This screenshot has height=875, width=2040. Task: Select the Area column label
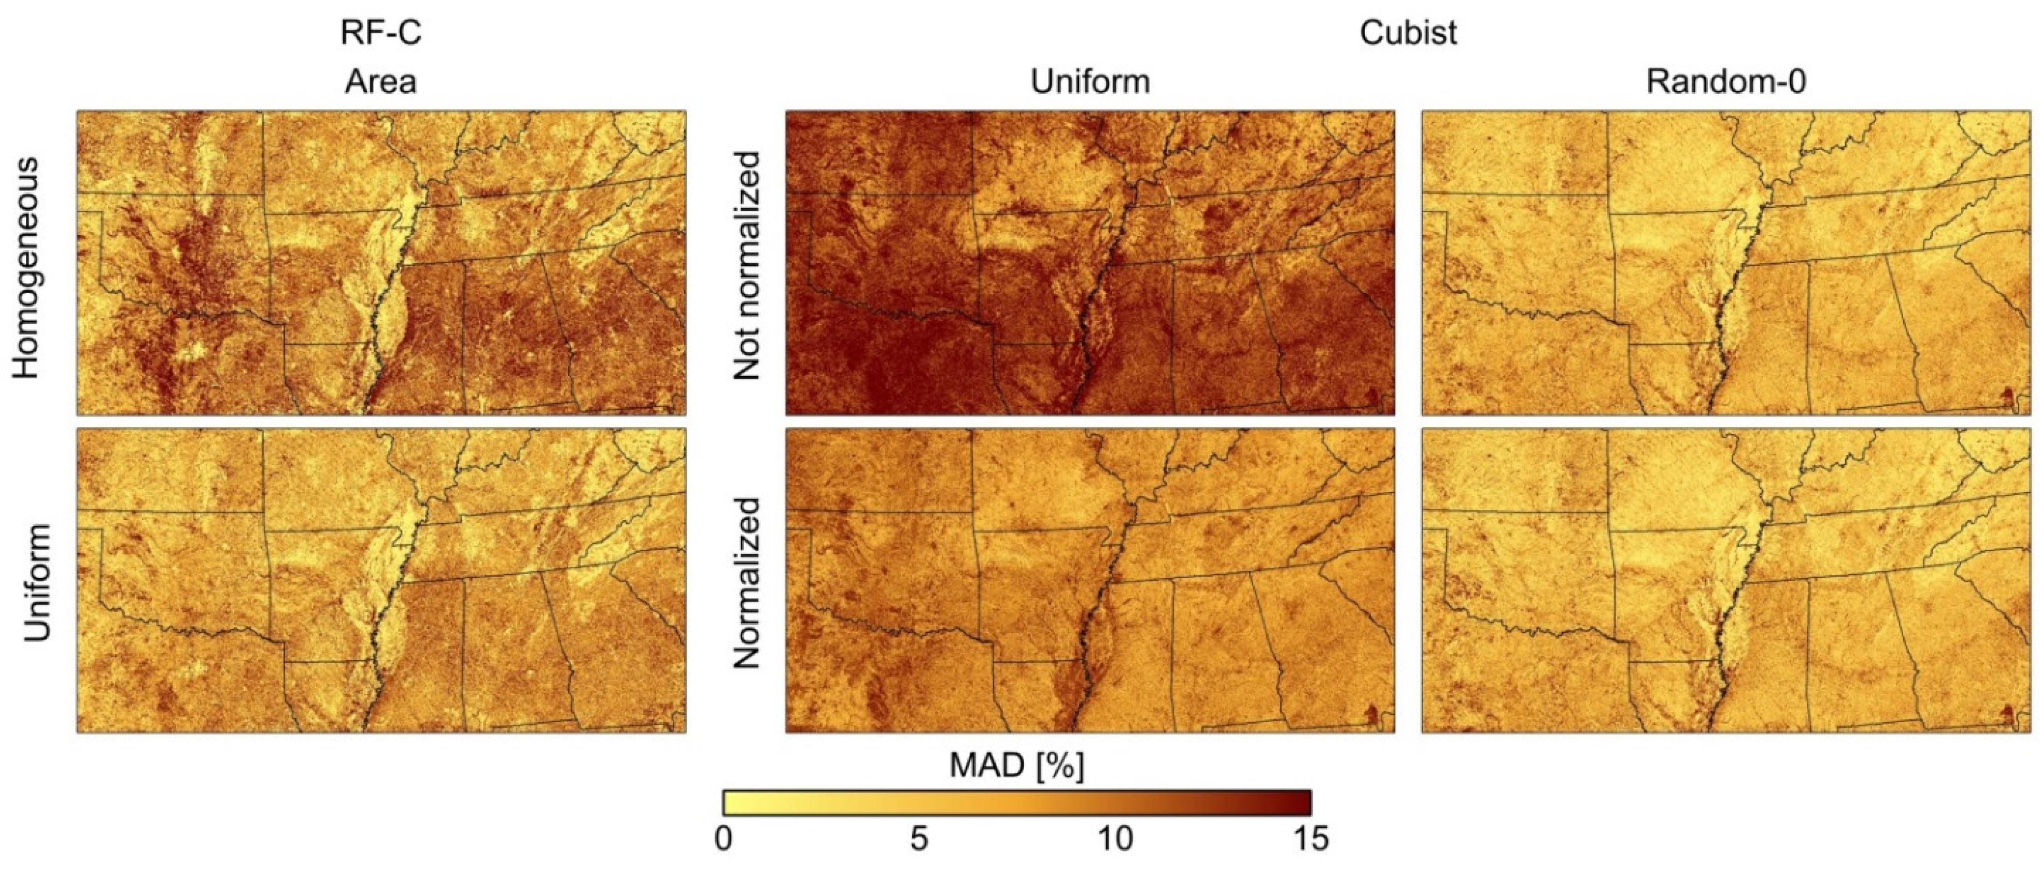[x=381, y=81]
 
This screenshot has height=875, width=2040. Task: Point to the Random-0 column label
[x=1726, y=81]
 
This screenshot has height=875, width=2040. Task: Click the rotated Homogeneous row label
[x=27, y=267]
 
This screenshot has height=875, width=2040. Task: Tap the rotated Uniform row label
[x=38, y=582]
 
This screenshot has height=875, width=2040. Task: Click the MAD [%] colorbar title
[x=1017, y=766]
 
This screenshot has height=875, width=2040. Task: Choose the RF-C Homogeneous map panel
[x=381, y=263]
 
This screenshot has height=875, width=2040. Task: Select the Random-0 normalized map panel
[x=1726, y=580]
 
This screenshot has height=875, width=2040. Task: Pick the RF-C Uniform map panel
[x=381, y=580]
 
